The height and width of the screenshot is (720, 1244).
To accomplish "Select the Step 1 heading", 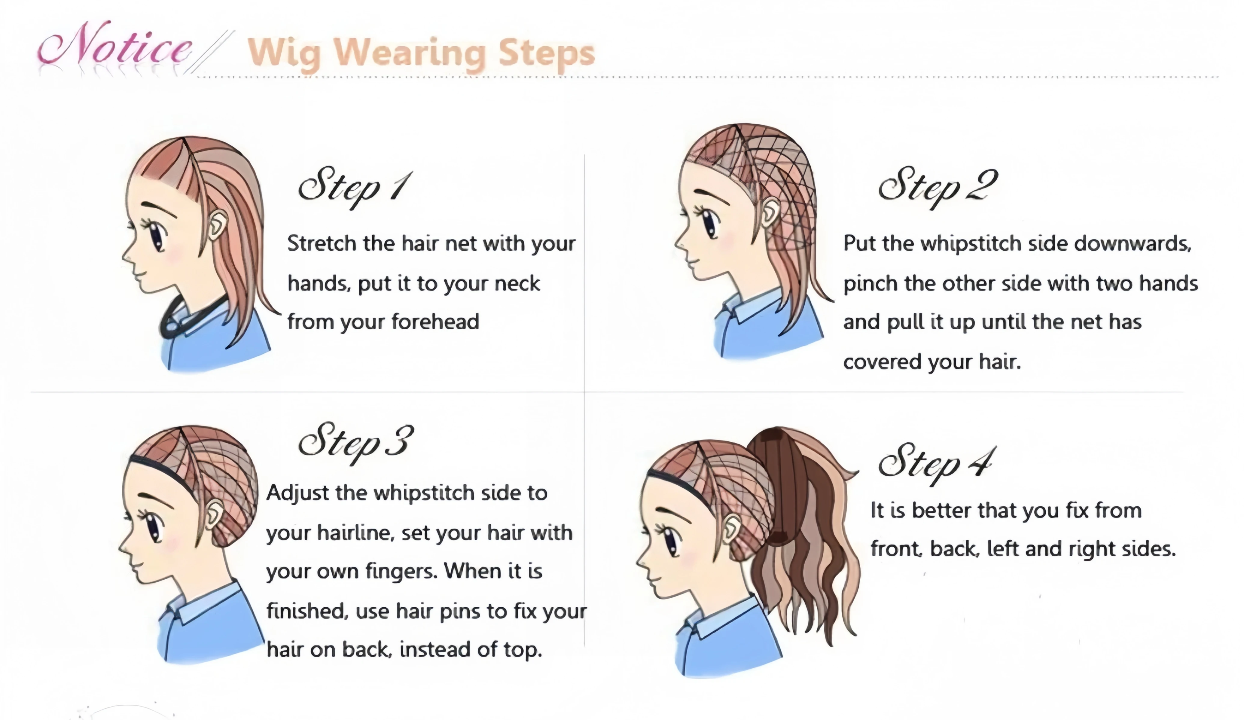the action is tap(353, 187).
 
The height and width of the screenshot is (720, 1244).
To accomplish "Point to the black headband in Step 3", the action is tap(163, 471).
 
